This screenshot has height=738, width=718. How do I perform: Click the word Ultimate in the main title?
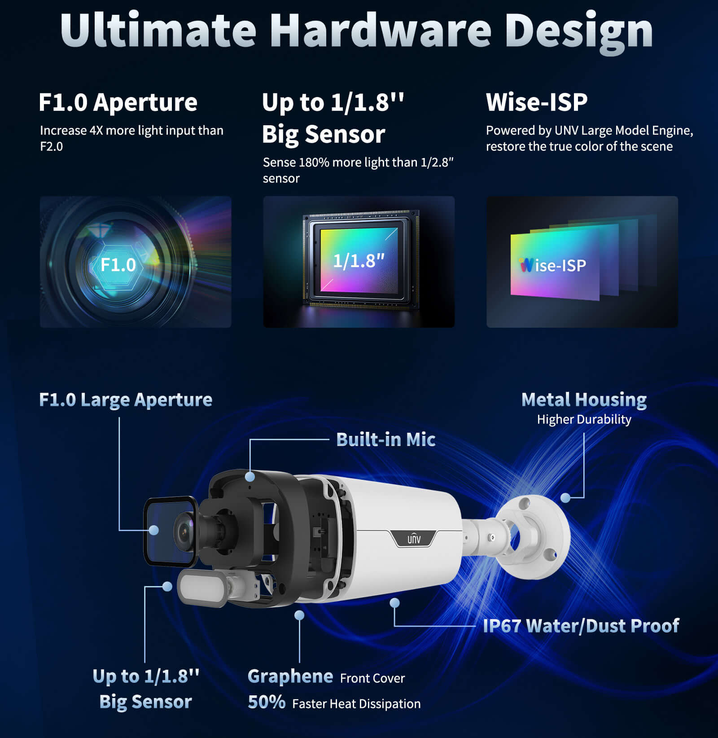click(158, 31)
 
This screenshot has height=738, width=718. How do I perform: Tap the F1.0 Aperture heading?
click(118, 102)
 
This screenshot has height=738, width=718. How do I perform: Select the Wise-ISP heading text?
click(537, 102)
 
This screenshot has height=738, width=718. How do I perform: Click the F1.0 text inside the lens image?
click(118, 265)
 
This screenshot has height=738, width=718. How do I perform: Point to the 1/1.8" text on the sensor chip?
click(359, 261)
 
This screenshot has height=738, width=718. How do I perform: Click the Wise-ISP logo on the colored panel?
click(553, 265)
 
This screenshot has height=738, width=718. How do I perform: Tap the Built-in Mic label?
click(385, 439)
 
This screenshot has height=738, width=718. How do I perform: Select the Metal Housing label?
click(584, 400)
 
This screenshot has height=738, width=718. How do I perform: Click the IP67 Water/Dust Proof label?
click(581, 626)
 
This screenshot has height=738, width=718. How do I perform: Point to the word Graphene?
click(290, 676)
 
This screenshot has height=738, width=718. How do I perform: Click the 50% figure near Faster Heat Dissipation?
click(267, 702)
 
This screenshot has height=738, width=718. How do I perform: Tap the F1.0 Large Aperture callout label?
click(126, 400)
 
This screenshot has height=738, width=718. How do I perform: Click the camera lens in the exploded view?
click(184, 532)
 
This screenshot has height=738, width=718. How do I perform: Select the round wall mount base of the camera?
click(536, 536)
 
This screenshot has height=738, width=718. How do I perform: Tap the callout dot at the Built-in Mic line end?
click(250, 476)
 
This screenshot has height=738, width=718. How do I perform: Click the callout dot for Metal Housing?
click(566, 497)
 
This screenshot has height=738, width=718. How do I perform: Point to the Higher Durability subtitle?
click(584, 419)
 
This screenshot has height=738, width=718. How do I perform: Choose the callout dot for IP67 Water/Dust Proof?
click(394, 603)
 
